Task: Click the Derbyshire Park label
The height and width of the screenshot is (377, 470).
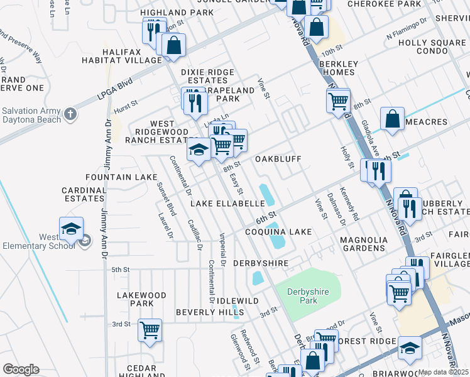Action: click(x=307, y=296)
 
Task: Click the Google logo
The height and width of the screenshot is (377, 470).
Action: click(x=20, y=369)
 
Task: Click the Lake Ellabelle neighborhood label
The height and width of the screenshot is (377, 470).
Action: click(x=227, y=204)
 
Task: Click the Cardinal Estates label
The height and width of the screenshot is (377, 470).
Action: click(x=83, y=194)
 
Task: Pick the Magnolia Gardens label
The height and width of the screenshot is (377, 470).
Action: click(x=370, y=244)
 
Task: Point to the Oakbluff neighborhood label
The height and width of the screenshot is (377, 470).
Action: click(x=283, y=159)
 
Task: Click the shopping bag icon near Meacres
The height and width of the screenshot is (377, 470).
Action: click(x=392, y=118)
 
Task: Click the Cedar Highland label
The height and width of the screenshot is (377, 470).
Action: click(x=141, y=372)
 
